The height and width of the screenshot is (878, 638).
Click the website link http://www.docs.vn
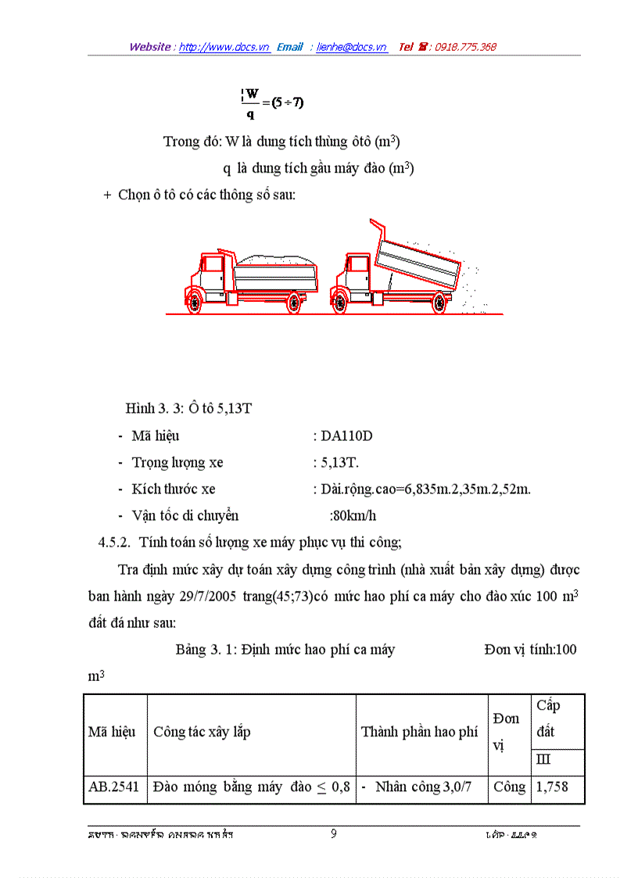[224, 47]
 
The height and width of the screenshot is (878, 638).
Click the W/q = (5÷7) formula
[273, 102]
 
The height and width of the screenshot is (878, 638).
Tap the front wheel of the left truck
[194, 301]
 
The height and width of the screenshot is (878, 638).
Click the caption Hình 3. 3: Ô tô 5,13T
[193, 409]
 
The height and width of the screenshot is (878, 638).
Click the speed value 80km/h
[353, 515]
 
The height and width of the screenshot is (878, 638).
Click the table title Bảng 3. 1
[205, 650]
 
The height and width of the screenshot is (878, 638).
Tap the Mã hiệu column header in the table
[112, 732]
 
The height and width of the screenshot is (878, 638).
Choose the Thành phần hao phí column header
[420, 732]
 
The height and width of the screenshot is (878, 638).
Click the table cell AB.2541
[113, 787]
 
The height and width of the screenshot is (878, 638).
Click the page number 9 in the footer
[333, 833]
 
